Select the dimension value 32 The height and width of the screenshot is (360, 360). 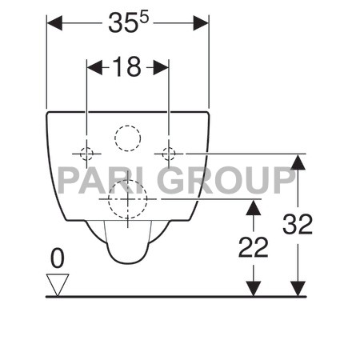298,226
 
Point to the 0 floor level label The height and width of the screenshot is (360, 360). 56,258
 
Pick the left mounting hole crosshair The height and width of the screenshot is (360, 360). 86,152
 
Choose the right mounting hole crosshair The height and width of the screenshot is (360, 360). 169,152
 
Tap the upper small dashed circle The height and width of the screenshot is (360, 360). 127,139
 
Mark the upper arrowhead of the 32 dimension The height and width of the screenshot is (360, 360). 298,159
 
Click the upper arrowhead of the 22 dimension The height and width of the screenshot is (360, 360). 254,206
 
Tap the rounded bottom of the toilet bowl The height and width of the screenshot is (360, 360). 127,258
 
